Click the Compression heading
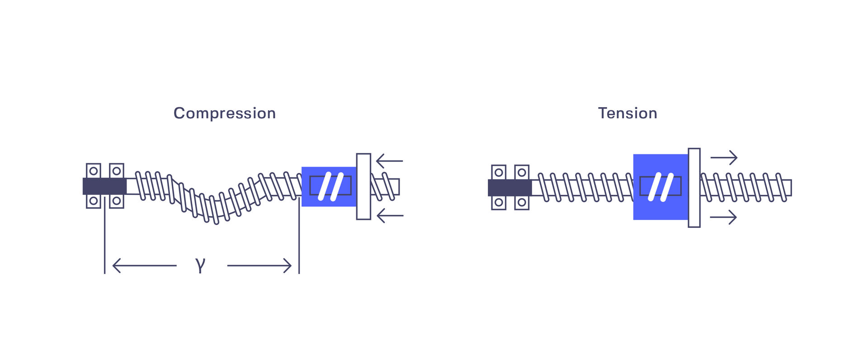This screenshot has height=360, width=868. pos(225,113)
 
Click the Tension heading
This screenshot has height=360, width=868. pos(627,113)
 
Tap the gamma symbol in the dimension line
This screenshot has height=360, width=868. pos(200,265)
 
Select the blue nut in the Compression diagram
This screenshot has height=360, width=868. pos(329,187)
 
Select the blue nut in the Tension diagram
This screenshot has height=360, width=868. pos(660,187)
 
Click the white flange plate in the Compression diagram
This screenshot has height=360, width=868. pos(363,187)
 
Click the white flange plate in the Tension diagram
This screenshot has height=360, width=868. pos(694,188)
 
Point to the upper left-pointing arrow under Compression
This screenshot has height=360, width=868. pos(390,161)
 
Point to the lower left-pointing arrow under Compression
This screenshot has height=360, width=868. pos(390,216)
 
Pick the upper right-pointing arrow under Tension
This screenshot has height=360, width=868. pos(724,157)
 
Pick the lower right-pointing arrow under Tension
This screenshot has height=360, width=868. pos(723,217)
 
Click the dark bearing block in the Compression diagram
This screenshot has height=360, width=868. pos(104,186)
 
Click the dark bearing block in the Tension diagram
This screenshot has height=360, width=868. pos(510,188)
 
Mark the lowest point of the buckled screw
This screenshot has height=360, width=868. pos(216,223)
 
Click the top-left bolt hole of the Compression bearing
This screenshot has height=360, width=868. pos(94,171)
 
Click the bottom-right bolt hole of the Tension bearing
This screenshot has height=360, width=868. pos(522,202)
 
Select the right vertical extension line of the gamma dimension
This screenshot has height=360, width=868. pos(299,235)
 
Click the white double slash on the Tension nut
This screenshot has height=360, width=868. pos(661,187)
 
